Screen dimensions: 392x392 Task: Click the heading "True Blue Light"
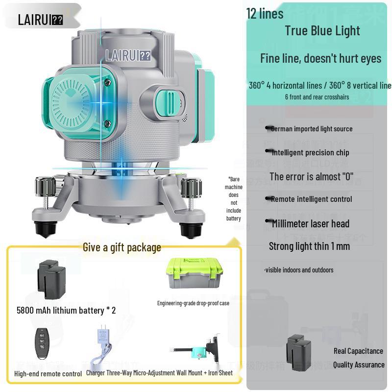pos(322,30)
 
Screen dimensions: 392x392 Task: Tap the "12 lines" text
pos(265,13)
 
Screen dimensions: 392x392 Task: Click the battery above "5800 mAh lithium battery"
pos(55,278)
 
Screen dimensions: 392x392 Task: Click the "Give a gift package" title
pos(122,247)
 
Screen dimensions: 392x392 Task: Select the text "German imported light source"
pos(311,129)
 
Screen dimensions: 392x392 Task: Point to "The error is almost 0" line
pos(311,176)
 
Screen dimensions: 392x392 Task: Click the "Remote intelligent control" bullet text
pos(311,199)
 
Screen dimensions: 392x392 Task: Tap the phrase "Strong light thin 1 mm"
pos(309,246)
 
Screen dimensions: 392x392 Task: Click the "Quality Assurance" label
pos(359,365)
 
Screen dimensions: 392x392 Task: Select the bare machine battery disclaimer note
pos(234,198)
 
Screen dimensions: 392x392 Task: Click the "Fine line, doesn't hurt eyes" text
pos(320,58)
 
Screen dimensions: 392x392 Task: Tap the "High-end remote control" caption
pos(48,374)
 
